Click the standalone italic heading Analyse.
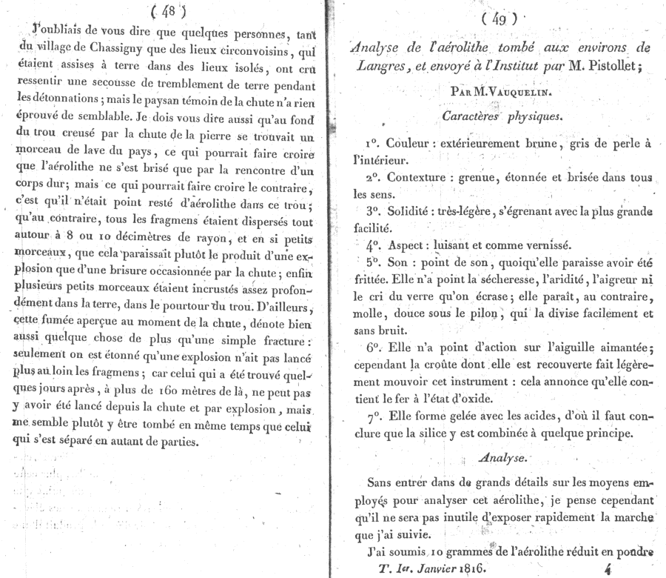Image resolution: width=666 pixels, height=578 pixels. pos(501,458)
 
